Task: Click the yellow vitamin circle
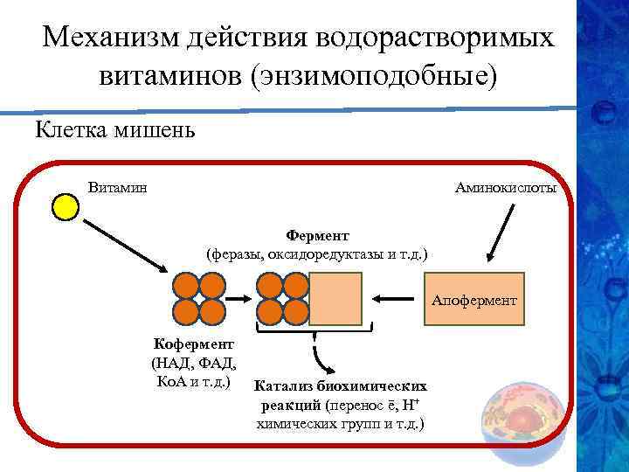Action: coord(66,208)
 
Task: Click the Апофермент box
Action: coord(474,300)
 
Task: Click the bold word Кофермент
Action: coord(191,344)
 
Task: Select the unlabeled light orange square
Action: coord(335,299)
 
